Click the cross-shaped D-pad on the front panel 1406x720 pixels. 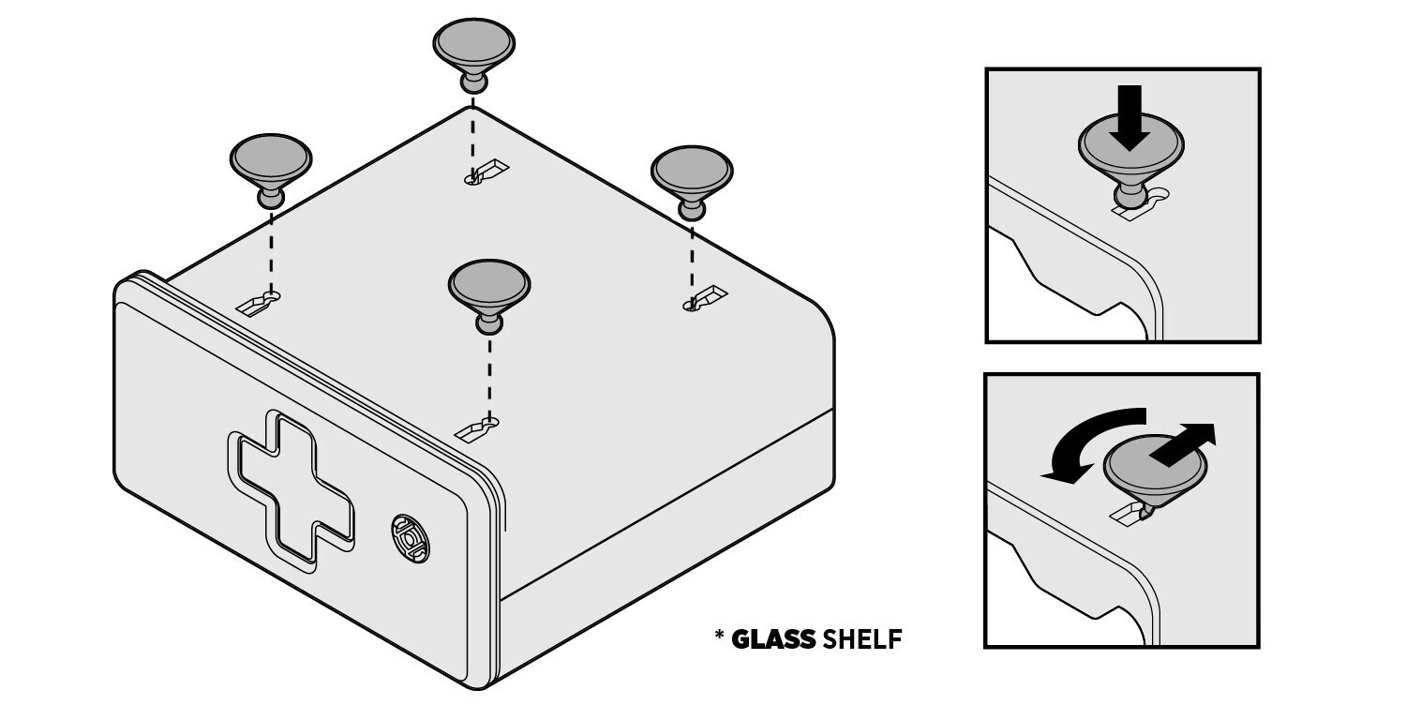click(291, 491)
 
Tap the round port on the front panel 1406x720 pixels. click(411, 538)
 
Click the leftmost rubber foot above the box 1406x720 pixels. click(271, 166)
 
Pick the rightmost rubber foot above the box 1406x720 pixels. click(692, 179)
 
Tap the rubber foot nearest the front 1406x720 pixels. click(489, 292)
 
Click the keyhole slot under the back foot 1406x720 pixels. click(486, 172)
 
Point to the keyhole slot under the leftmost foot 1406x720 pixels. click(258, 303)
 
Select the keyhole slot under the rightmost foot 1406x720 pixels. click(704, 298)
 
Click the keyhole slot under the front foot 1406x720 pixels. click(476, 428)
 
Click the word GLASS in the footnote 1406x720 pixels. click(773, 639)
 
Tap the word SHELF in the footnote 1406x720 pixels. click(861, 639)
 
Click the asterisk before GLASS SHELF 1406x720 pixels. click(719, 634)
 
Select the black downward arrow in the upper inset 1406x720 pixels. click(1129, 118)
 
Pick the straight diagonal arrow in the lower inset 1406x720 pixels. click(1184, 444)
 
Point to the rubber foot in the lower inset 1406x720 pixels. click(1155, 471)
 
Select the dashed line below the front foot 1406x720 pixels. click(489, 378)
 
